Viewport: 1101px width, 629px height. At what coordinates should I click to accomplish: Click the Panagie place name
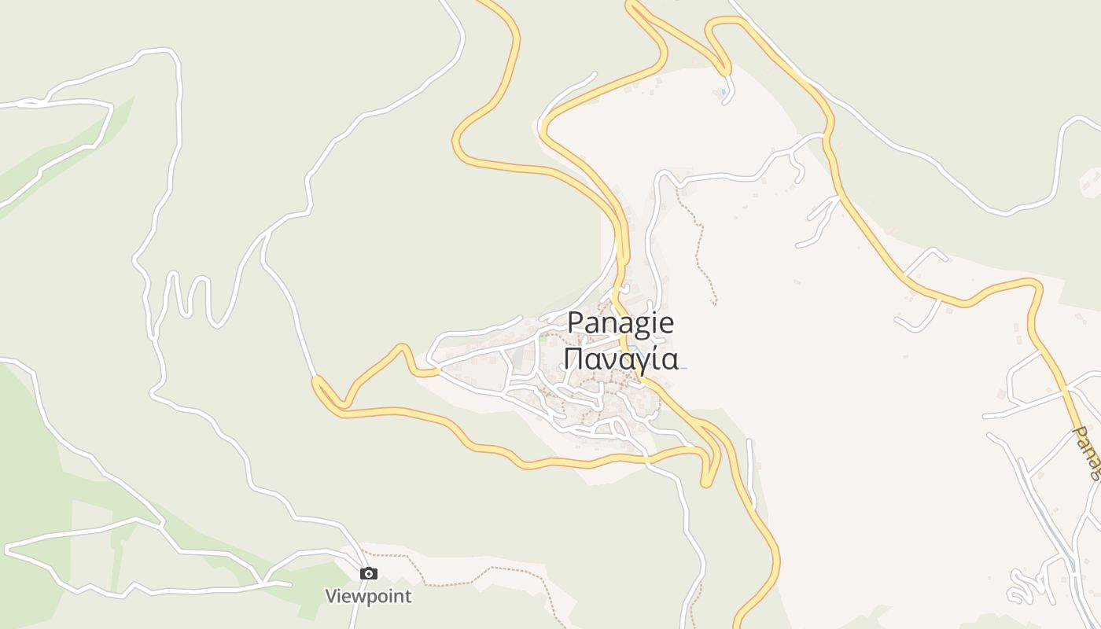click(620, 323)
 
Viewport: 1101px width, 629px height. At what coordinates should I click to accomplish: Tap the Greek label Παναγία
click(620, 359)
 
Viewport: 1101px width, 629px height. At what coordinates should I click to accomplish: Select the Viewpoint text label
click(368, 596)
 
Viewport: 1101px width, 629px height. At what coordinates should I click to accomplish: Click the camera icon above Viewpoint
click(368, 574)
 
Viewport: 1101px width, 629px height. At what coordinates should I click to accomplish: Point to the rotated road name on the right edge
click(1088, 453)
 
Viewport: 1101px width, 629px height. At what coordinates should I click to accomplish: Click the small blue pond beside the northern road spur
click(723, 93)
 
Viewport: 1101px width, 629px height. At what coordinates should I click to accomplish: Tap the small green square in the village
click(543, 340)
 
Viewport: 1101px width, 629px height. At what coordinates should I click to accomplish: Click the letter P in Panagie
click(575, 323)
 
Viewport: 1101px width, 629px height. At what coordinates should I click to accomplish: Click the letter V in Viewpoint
click(332, 596)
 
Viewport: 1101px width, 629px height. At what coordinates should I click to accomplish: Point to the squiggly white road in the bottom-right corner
click(1022, 586)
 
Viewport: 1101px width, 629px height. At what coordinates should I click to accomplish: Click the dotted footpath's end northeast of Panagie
click(715, 303)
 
